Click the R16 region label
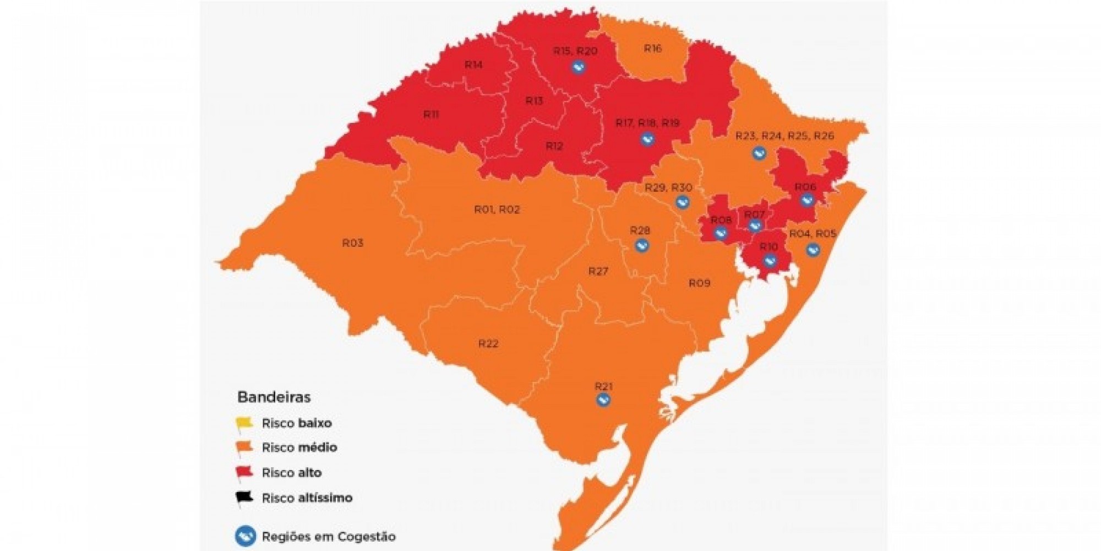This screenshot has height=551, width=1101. tap(652, 48)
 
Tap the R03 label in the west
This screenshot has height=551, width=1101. tap(352, 243)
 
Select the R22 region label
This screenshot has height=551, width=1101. tap(488, 344)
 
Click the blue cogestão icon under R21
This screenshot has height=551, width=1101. tap(603, 400)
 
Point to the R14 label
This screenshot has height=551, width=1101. tap(473, 65)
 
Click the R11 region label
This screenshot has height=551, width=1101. tap(430, 115)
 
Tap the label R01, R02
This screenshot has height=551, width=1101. tap(497, 209)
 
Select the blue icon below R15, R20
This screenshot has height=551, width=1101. tap(577, 68)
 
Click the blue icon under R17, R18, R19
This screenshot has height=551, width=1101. tap(647, 139)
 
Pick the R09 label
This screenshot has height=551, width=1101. tap(699, 283)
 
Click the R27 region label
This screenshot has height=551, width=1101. tap(598, 271)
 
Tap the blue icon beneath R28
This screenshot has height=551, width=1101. tap(641, 245)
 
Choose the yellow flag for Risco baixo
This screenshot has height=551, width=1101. tap(244, 424)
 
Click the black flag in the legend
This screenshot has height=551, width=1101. tap(244, 498)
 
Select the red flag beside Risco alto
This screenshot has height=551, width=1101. tap(244, 472)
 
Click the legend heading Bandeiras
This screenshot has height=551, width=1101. tap(274, 397)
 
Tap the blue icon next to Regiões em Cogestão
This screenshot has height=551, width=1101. tap(245, 536)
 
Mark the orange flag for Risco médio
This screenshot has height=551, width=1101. tap(244, 447)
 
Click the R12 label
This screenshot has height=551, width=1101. tap(554, 147)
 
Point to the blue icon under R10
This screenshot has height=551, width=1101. tap(770, 261)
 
